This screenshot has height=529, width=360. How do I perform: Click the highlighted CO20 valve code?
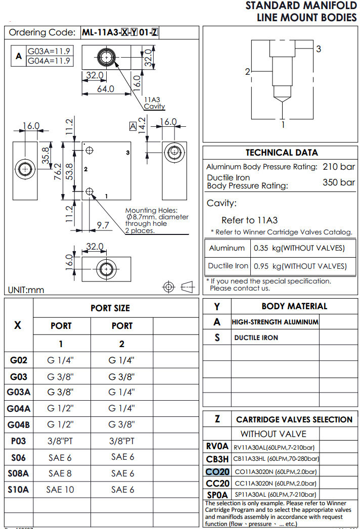(217, 471)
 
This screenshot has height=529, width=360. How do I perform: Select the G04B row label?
(18, 424)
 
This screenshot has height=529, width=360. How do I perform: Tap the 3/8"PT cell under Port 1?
(61, 441)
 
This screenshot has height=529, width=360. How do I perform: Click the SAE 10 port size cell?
(61, 490)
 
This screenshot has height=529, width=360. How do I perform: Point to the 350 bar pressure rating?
(339, 182)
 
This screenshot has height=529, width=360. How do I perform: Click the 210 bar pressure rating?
(339, 167)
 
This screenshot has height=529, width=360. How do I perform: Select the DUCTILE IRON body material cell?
(256, 338)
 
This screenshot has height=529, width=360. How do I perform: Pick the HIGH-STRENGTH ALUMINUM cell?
(275, 322)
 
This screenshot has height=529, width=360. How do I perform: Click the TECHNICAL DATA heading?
(282, 153)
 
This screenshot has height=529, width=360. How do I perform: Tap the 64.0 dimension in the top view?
(105, 89)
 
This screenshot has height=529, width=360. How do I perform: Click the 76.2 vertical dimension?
(58, 171)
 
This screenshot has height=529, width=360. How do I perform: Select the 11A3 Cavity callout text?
(154, 103)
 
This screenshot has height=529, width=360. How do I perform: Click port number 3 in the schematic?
(319, 49)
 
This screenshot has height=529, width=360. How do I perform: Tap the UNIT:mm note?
(26, 290)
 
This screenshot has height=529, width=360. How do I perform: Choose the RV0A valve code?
(217, 447)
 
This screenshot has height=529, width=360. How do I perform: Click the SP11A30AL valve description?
(275, 496)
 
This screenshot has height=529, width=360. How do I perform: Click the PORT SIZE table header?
(110, 308)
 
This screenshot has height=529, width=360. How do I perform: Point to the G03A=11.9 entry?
(49, 51)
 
